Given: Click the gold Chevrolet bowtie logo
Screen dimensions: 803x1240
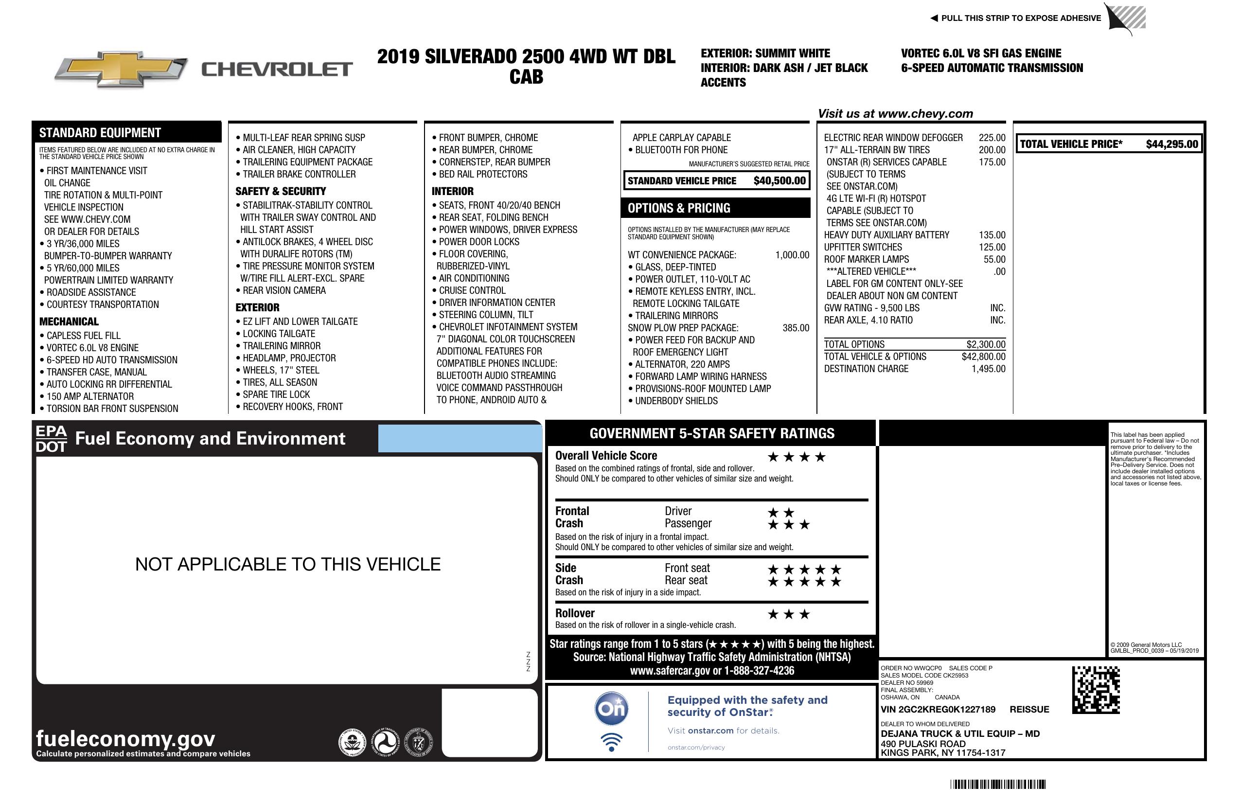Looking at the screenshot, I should pos(121,69).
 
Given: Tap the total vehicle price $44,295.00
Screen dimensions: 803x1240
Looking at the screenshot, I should pos(1171,144).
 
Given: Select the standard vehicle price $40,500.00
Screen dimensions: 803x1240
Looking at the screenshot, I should pos(779,181).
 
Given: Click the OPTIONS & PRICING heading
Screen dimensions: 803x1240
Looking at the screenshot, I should pos(678,208).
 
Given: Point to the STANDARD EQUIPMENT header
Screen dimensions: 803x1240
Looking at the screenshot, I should pos(100,132).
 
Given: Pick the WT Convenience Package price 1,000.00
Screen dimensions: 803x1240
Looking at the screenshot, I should pos(792,255).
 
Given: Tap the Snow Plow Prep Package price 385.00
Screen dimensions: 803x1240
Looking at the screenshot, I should pos(796,328).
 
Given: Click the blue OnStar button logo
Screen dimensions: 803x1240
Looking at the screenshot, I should pos(611,709).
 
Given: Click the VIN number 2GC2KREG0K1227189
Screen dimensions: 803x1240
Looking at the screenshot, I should pos(938,709).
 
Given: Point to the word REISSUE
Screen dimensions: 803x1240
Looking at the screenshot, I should pos(1029,709).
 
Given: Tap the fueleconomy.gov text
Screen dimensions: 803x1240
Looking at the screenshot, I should pos(125,738).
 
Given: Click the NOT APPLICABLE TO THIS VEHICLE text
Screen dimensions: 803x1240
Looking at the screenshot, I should pos(287,564).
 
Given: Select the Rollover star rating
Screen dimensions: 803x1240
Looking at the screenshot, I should pos(789,614).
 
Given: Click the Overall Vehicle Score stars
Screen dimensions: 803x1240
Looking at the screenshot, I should pos(797,458).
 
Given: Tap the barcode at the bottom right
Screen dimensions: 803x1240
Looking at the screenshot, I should pos(997,784).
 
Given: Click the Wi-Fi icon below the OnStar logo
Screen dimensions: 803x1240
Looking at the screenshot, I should pos(611,742).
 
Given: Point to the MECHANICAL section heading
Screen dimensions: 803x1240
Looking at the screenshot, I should pos(69,321).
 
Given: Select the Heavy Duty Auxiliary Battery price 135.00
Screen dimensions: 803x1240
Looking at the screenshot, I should pos(992,235).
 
